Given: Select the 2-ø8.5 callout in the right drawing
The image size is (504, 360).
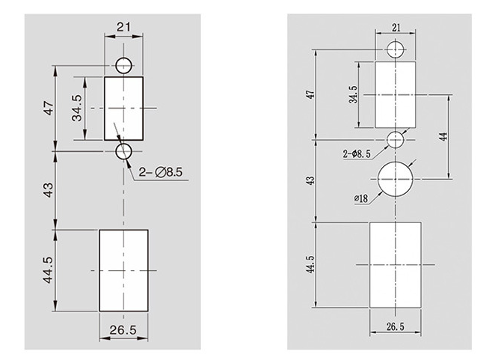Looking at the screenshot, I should pyautogui.click(x=357, y=153).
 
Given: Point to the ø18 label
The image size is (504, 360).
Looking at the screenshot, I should pyautogui.click(x=361, y=198).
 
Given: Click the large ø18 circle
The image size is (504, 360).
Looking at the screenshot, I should pyautogui.click(x=396, y=179).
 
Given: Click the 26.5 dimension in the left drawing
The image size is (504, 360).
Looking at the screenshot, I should pyautogui.click(x=123, y=329).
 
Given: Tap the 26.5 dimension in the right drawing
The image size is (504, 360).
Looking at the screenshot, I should pyautogui.click(x=396, y=326).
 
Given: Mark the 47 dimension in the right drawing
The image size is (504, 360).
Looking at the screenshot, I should pyautogui.click(x=312, y=94).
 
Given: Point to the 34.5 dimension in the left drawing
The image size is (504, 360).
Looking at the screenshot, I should pyautogui.click(x=76, y=109).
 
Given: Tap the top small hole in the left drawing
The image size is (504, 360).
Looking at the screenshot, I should pyautogui.click(x=124, y=62).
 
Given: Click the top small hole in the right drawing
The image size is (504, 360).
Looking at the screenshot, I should pyautogui.click(x=396, y=50).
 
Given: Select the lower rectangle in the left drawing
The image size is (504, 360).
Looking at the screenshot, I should pyautogui.click(x=123, y=269).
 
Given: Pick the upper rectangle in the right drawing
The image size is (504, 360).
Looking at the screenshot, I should pyautogui.click(x=396, y=94).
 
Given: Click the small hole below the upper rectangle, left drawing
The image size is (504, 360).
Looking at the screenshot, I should pyautogui.click(x=124, y=152).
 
